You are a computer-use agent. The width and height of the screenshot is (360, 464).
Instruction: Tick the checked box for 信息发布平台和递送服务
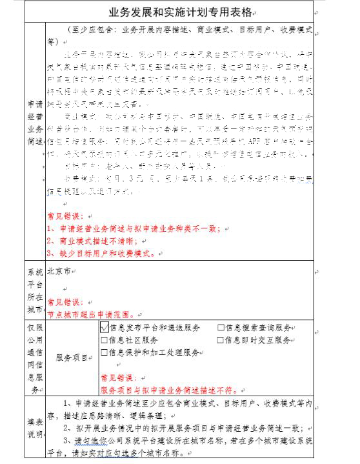[x=105, y=327]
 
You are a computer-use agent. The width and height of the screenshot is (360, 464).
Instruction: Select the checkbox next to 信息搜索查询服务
[x=221, y=327]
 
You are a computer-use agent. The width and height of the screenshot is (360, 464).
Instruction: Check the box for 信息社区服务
[x=105, y=340]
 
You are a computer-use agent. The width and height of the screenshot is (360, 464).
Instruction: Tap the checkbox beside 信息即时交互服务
[x=221, y=340]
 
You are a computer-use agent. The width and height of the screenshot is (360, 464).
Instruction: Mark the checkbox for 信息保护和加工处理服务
[x=105, y=352]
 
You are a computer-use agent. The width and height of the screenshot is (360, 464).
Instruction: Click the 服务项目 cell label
[x=72, y=357]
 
